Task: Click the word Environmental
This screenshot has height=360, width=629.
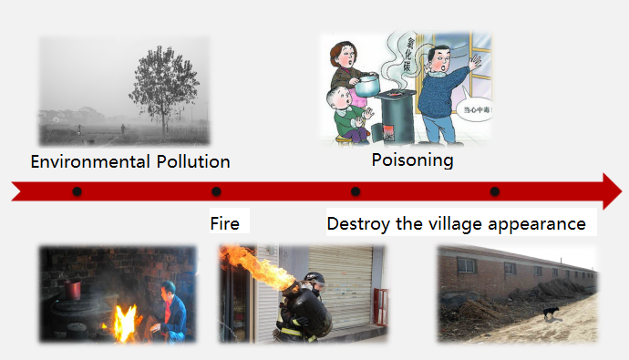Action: [88, 162]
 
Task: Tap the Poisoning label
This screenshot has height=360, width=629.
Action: [412, 160]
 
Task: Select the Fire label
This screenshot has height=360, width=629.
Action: [224, 223]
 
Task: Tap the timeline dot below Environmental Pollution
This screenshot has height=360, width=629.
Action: [77, 191]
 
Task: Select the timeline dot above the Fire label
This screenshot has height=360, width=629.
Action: [216, 191]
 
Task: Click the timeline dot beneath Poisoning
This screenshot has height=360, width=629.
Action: [356, 191]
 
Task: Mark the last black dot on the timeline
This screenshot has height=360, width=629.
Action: [494, 191]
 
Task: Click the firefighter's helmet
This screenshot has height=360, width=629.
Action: [314, 277]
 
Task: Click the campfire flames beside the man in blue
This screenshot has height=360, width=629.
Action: [123, 321]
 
